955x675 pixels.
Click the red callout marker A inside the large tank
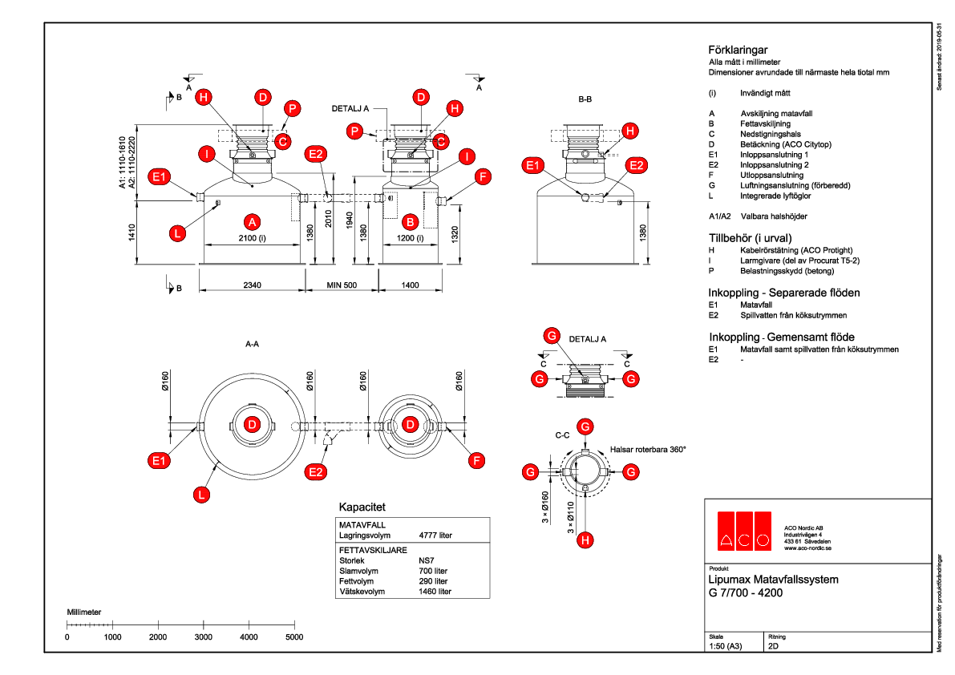(252, 220)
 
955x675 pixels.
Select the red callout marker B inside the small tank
(410, 220)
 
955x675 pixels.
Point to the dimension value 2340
(252, 285)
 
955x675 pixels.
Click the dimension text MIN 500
(342, 285)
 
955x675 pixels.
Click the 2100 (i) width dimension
(252, 238)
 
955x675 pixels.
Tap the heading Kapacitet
(362, 507)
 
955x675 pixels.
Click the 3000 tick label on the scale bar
(204, 637)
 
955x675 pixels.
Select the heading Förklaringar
(739, 49)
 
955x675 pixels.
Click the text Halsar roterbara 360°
(648, 450)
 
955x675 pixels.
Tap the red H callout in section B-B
(631, 130)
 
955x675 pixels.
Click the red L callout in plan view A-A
(201, 495)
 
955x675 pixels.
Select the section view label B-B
(585, 99)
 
